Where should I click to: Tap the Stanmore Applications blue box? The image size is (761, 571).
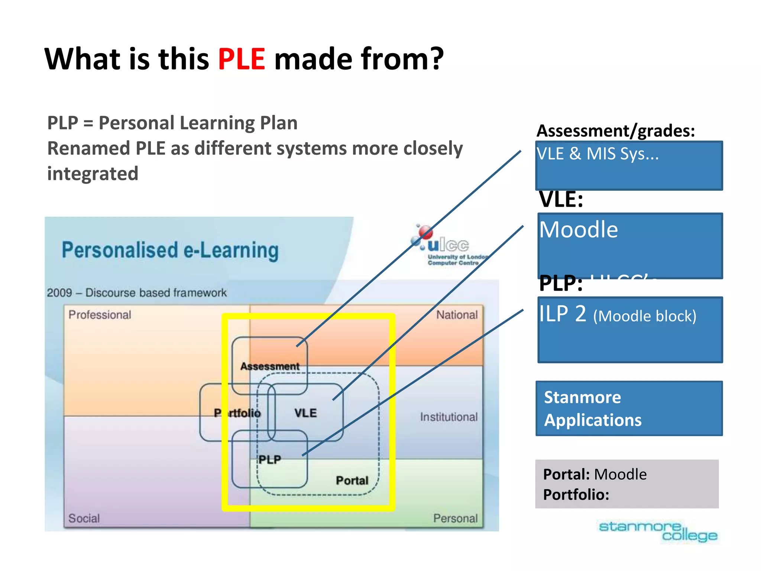(629, 408)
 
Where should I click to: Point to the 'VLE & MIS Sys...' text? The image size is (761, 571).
(598, 154)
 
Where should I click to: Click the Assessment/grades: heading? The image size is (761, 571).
(615, 130)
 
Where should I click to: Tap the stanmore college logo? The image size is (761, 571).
(658, 531)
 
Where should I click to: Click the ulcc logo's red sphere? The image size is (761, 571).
(425, 232)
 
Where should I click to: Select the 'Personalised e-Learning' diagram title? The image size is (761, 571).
(170, 250)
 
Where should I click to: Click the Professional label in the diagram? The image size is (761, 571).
(100, 315)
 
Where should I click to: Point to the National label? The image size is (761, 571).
(457, 315)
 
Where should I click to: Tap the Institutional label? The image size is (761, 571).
(448, 417)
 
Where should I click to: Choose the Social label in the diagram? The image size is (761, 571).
(84, 518)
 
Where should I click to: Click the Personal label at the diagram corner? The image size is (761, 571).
(455, 518)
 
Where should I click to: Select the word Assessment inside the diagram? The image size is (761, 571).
(270, 367)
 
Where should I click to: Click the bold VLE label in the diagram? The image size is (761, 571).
(305, 413)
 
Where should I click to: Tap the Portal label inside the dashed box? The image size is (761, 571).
(352, 480)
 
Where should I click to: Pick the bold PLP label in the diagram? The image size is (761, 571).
(270, 459)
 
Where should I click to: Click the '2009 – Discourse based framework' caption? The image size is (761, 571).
(136, 293)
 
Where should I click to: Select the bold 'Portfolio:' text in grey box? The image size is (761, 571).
(576, 495)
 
